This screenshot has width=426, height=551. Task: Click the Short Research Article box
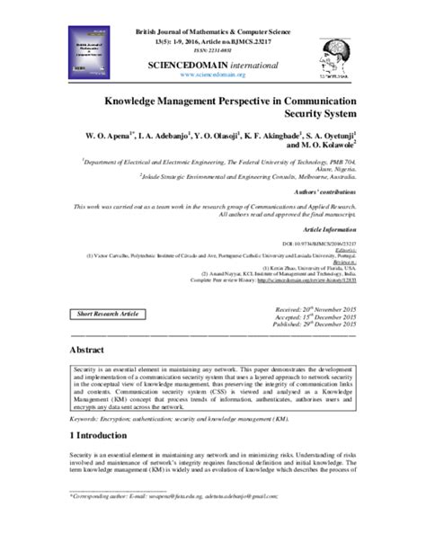[x=110, y=313]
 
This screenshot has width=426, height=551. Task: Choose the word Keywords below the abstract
[x=87, y=418]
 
